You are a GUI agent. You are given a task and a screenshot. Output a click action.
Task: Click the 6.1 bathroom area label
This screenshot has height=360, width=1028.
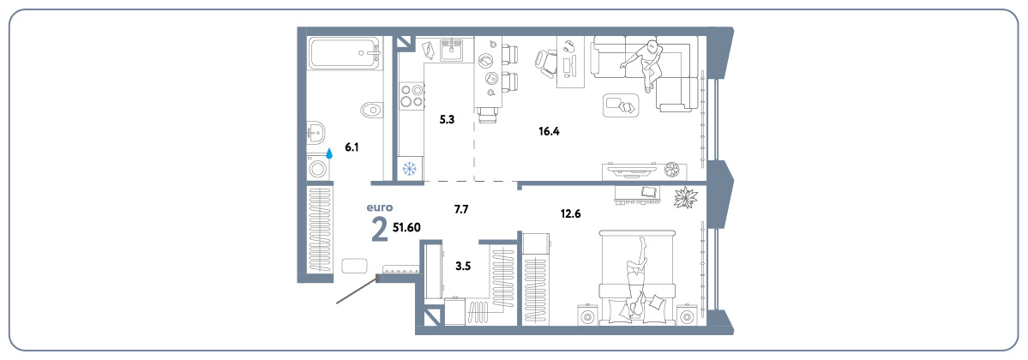(x=352, y=147)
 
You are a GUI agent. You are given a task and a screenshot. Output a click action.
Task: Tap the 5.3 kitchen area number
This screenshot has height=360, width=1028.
(x=448, y=119)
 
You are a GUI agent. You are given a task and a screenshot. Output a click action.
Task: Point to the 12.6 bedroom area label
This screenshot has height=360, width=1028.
(x=570, y=213)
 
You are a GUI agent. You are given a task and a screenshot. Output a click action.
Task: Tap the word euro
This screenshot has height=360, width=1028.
(x=380, y=208)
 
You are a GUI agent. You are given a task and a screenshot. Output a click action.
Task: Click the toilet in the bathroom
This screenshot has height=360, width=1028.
(x=371, y=109)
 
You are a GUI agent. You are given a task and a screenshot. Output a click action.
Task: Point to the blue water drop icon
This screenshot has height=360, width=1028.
(x=330, y=153)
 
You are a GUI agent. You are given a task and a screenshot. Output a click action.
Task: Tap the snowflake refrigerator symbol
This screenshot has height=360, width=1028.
(x=410, y=169)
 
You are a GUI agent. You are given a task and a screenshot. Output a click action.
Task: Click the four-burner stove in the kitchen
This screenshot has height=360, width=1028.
(x=411, y=95)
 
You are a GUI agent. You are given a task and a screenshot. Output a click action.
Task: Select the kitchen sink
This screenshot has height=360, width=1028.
(x=452, y=49)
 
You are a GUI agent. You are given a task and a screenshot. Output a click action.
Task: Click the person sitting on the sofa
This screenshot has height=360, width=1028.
(x=646, y=63)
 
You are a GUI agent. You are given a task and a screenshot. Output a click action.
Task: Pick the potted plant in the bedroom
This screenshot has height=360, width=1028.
(x=686, y=197)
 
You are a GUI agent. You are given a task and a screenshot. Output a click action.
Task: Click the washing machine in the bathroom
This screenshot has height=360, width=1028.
(x=319, y=169)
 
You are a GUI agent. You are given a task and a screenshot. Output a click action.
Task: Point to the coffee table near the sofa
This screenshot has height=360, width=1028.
(x=620, y=105)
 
